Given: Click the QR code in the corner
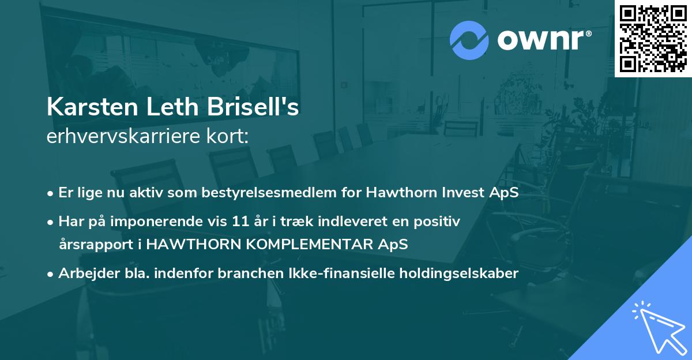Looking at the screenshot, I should (x=653, y=39).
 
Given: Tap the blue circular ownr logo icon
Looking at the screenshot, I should (x=469, y=40).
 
